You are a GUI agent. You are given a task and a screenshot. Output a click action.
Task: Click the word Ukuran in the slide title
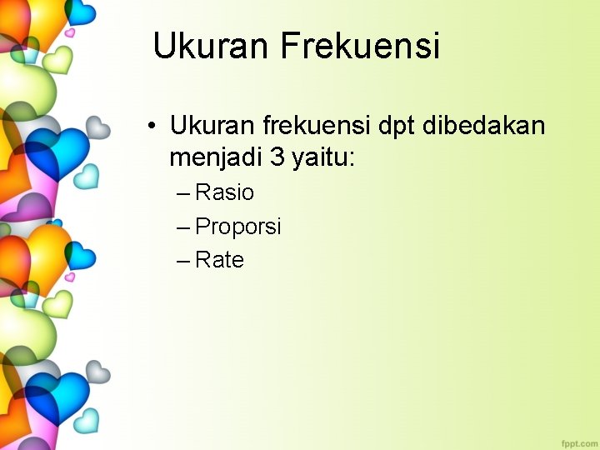(212, 46)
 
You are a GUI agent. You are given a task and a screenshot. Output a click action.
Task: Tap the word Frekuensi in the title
(360, 46)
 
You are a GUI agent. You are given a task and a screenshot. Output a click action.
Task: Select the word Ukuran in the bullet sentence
(212, 127)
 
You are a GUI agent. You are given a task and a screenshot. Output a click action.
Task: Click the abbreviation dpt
(397, 127)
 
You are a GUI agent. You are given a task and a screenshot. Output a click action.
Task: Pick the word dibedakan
(484, 127)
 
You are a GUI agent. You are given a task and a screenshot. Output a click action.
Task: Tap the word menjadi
(216, 156)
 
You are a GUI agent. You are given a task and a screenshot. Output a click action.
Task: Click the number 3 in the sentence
(277, 156)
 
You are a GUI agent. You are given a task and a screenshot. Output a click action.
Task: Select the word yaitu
(320, 157)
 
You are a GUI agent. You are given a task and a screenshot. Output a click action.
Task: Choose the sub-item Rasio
(225, 192)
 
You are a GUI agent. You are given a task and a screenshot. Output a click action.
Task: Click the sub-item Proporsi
(238, 227)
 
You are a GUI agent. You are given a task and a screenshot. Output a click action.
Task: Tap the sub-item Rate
(220, 260)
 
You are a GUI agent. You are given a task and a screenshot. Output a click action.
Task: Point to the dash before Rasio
(183, 194)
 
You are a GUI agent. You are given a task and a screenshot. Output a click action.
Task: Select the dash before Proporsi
(183, 227)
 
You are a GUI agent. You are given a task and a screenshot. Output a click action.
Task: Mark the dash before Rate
(183, 262)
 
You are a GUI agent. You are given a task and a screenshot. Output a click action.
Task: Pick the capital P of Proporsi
(202, 227)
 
